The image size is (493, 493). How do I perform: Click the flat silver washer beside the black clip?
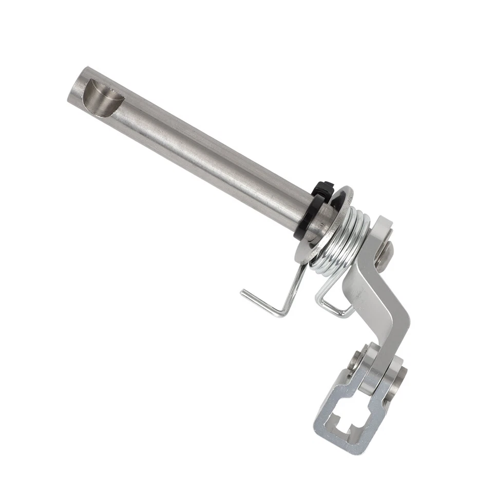[329, 226]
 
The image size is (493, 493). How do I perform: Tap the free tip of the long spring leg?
[243, 293]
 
